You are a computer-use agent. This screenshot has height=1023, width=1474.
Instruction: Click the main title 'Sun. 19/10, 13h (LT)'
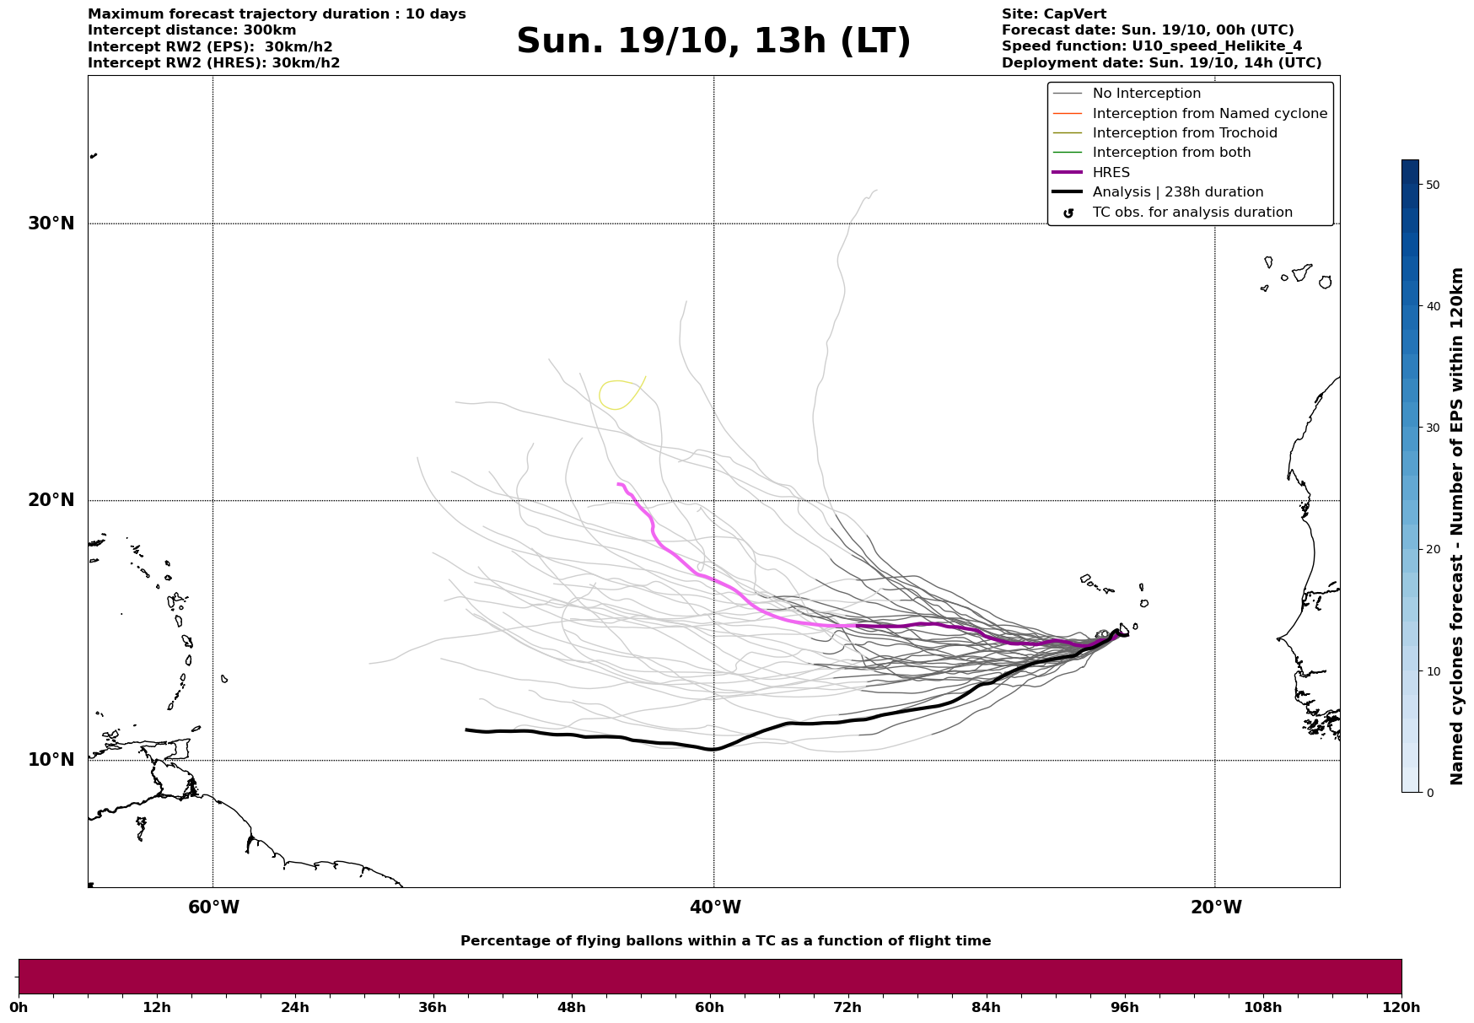coord(713,41)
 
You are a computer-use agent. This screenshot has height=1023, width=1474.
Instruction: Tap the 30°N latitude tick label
coord(51,223)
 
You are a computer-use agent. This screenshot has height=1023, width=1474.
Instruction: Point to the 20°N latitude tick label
coord(51,500)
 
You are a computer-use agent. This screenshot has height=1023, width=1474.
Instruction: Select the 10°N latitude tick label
coord(51,760)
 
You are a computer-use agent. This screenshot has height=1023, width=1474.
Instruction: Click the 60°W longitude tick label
coord(213,907)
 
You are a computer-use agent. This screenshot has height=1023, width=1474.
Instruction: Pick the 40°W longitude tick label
coord(715,907)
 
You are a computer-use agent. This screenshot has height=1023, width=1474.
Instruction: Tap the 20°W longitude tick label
coord(1216,907)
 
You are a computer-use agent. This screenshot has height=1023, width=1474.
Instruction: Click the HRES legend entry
coord(1111,173)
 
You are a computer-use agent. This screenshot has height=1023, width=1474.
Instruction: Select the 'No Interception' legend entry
coord(1146,94)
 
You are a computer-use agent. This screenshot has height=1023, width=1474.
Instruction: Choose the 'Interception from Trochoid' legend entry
coord(1184,133)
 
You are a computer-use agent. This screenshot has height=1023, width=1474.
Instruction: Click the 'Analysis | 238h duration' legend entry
coord(1177,192)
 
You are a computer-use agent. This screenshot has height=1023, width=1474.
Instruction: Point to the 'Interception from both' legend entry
coord(1171,153)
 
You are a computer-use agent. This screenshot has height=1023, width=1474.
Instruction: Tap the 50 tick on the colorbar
coord(1432,185)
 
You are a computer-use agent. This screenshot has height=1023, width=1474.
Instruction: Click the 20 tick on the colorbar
coord(1432,549)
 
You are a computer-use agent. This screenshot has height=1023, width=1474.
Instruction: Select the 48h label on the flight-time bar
coord(571,1007)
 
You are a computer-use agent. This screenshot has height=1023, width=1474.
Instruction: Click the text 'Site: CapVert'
coord(1053,14)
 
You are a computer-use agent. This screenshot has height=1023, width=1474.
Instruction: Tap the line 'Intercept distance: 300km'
coord(191,30)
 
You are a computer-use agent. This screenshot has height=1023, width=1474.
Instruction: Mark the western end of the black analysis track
coord(467,730)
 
